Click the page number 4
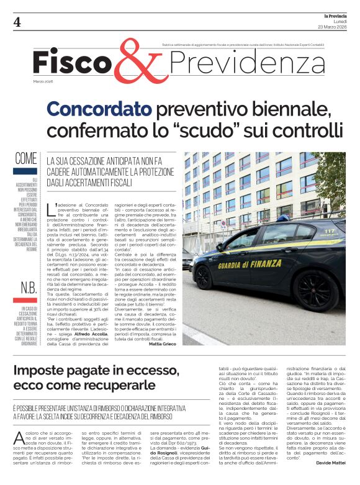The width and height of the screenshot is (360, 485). coord(17,23)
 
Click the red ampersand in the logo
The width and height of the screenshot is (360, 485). coord(139,63)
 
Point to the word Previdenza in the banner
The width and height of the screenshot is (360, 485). coord(238,62)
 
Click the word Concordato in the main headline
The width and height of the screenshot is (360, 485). coord(99,110)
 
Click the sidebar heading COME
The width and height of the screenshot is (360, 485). coord(25,158)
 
